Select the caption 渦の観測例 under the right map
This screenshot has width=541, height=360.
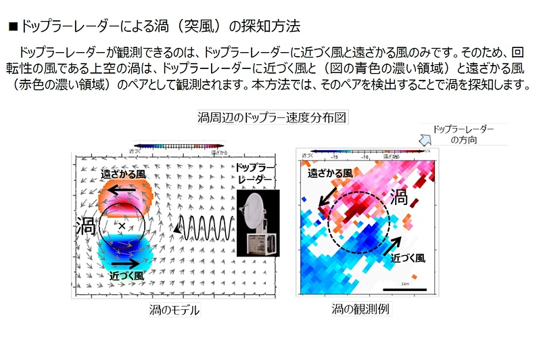(359, 309)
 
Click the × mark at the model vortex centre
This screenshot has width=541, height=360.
(122, 224)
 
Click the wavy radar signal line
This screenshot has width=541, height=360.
(203, 225)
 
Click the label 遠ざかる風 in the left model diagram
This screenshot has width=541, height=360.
(123, 175)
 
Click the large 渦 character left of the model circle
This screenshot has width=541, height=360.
(85, 223)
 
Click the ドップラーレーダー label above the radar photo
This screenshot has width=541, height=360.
(254, 173)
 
